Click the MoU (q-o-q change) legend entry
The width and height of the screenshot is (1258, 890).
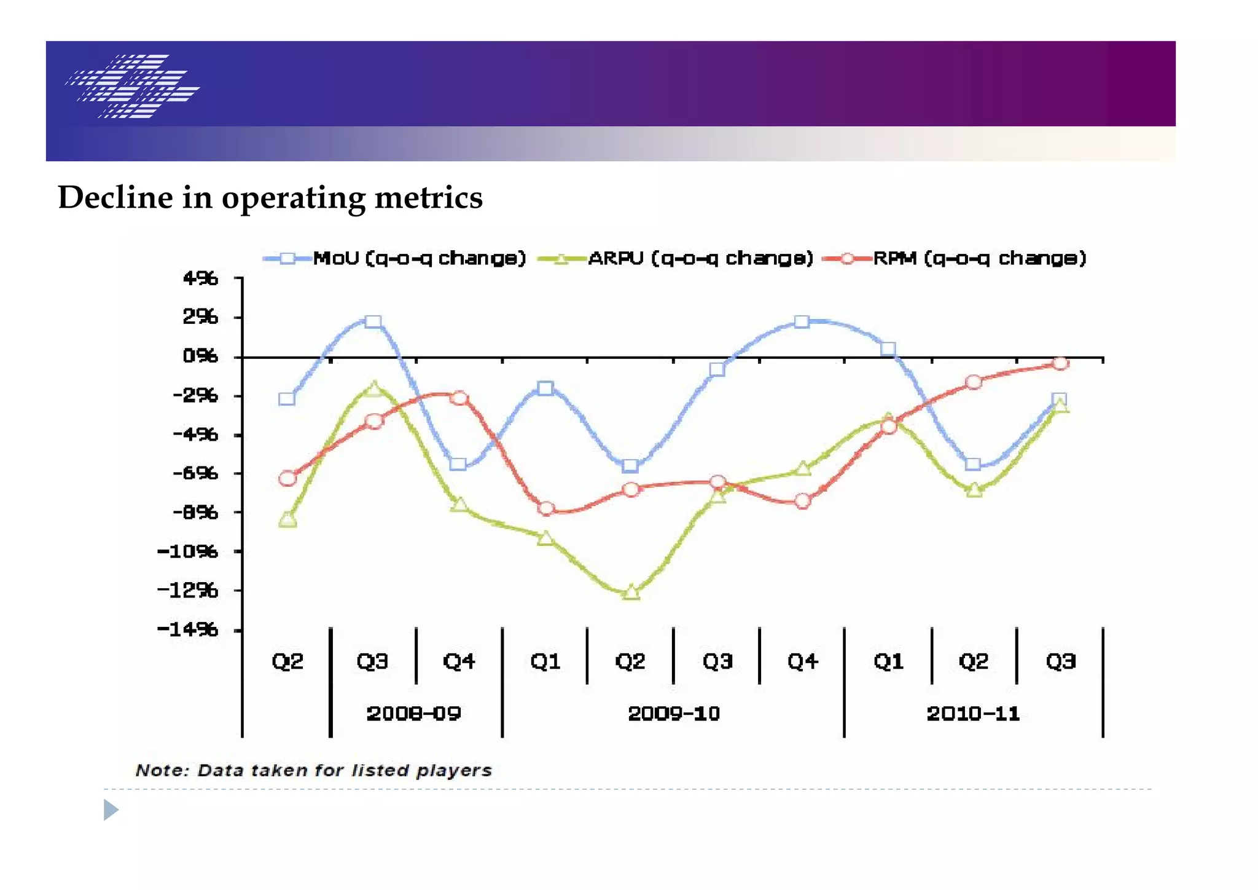point(419,258)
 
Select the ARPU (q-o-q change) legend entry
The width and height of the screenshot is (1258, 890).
point(700,258)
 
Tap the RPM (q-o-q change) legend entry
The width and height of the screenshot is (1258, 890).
point(980,258)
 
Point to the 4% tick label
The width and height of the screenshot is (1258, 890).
point(200,278)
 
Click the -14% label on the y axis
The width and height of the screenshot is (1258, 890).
point(188,629)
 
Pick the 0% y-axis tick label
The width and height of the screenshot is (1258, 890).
point(200,356)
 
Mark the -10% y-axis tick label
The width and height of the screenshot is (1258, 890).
point(188,551)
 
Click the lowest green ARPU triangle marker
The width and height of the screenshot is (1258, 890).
point(631,593)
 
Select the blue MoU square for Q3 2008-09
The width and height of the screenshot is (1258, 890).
point(373,321)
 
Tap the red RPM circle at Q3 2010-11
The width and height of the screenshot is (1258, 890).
point(1060,364)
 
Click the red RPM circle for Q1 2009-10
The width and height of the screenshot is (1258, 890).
point(545,509)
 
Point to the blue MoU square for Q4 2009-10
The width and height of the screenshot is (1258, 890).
point(802,321)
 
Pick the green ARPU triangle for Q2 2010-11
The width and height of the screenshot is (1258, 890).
point(974,490)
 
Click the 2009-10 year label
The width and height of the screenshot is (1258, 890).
point(674,714)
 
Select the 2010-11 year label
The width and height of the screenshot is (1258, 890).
point(973,714)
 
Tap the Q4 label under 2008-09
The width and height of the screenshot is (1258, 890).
point(459,661)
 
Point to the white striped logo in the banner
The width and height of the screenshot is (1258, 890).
point(132,86)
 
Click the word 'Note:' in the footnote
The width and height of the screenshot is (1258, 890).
point(162,771)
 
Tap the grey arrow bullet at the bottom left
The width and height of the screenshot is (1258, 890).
point(111,809)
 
